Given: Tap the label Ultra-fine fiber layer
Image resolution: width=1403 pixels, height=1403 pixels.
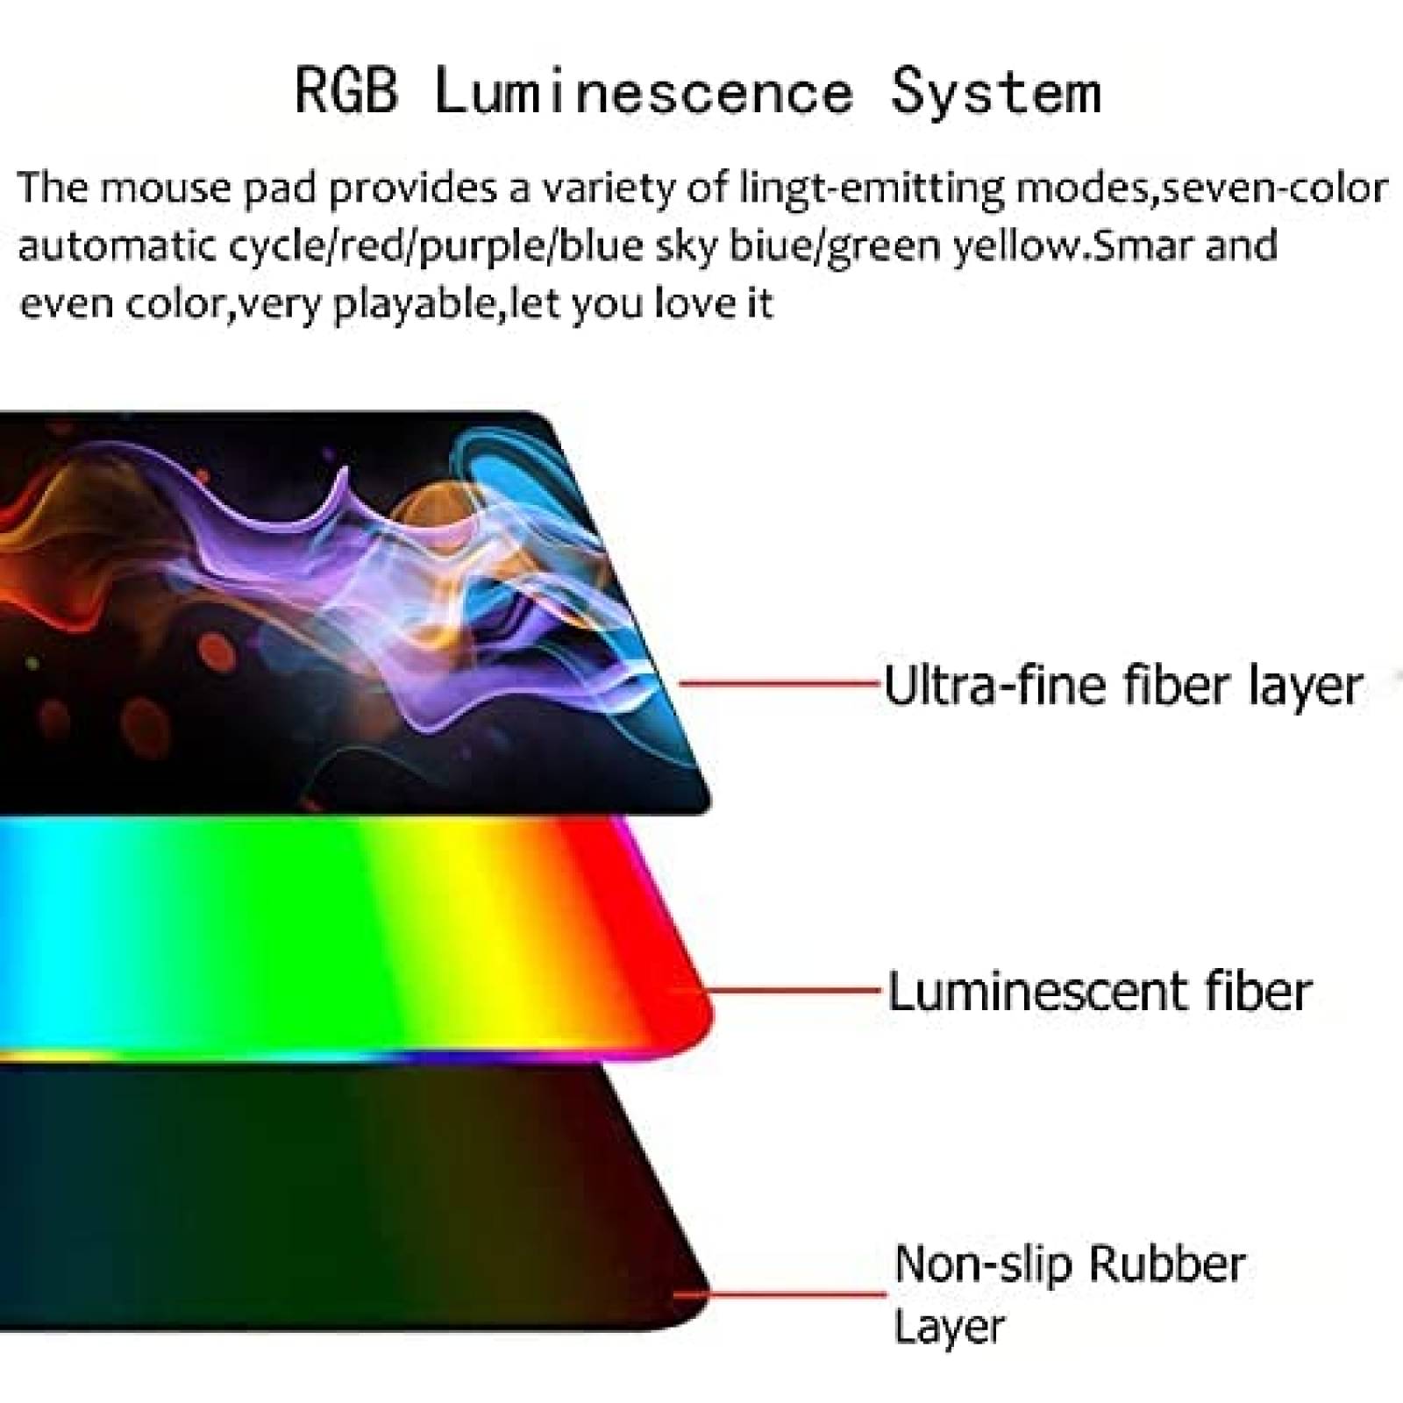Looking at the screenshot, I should point(1122,686).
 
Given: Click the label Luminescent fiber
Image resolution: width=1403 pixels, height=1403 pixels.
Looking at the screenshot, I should point(1100,992).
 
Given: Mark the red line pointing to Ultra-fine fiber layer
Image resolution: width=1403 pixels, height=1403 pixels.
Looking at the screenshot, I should point(780,682).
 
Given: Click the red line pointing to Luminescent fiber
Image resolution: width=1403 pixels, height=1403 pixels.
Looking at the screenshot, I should point(794,992).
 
